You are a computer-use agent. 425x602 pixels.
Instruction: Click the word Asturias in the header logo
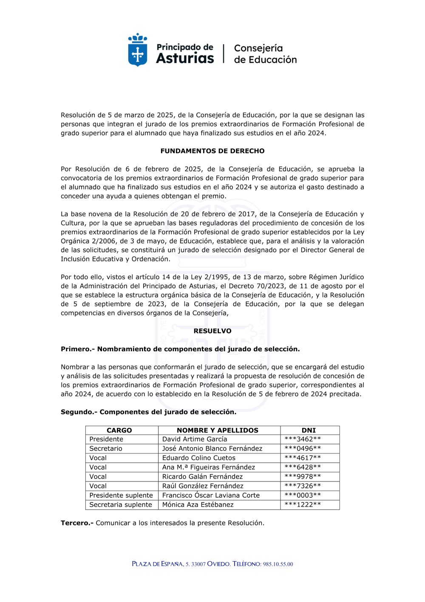[185, 58]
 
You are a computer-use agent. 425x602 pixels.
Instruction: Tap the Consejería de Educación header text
[265, 54]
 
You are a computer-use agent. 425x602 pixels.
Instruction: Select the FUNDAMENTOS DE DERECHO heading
[212, 151]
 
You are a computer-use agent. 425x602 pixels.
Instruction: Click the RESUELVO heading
[212, 331]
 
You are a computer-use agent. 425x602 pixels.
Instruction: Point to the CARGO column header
[119, 430]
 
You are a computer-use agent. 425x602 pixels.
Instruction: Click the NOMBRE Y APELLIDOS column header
[217, 430]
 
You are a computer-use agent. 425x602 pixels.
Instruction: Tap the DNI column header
[309, 430]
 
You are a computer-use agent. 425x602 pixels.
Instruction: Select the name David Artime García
[195, 439]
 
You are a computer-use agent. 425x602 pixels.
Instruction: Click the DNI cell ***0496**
[303, 448]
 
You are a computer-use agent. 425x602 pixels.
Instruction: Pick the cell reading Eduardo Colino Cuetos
[198, 458]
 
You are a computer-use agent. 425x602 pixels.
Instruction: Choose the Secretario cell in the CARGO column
[106, 448]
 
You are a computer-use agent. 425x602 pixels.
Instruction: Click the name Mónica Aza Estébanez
[198, 505]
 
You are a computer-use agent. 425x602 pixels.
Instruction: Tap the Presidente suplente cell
[121, 495]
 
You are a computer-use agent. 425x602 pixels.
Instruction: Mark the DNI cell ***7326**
[303, 486]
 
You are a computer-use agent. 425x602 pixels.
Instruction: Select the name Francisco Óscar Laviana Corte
[211, 495]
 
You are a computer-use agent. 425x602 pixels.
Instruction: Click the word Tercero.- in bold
[77, 523]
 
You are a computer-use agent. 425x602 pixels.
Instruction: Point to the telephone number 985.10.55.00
[278, 564]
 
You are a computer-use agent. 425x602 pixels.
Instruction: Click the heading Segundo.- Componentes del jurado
[148, 412]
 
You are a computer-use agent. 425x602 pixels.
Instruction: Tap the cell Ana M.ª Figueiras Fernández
[208, 467]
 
